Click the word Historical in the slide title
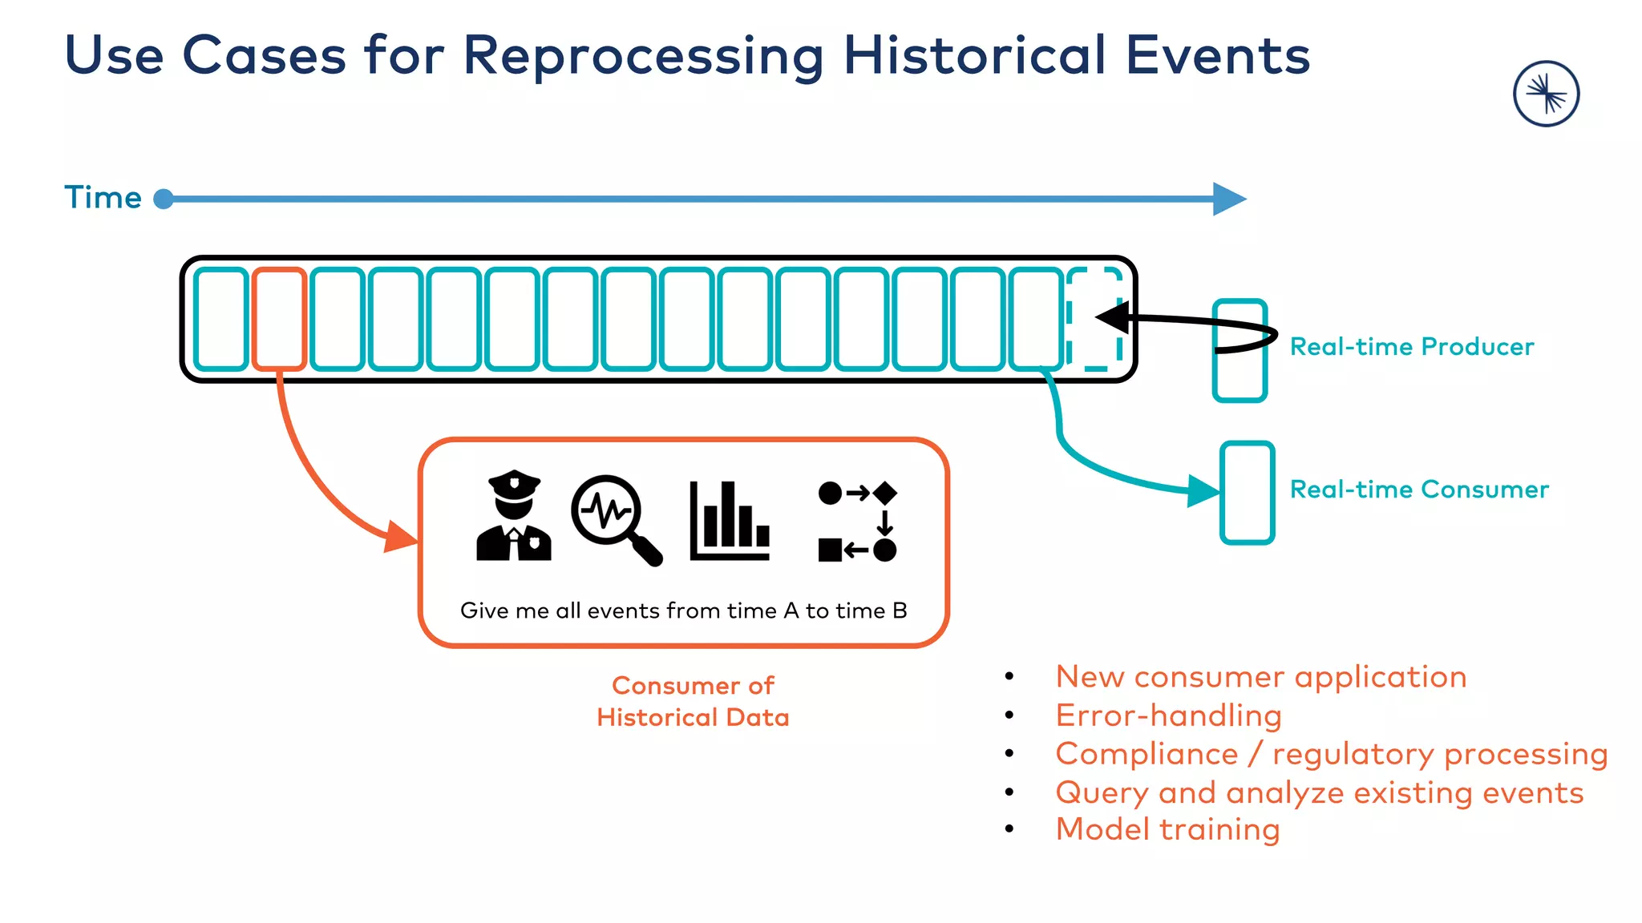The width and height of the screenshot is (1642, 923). click(974, 56)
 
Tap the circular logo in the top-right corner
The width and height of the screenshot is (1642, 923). click(1546, 94)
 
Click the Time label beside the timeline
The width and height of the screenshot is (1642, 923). click(103, 197)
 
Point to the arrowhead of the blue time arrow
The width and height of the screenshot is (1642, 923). click(1229, 199)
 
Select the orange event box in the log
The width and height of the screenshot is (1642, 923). click(279, 319)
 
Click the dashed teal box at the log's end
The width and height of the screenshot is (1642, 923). click(1094, 319)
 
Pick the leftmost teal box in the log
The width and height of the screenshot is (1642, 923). click(221, 319)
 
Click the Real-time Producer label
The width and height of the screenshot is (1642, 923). click(1411, 346)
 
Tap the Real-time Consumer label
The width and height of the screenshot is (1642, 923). click(1418, 489)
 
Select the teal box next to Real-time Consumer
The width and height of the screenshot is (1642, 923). click(1247, 492)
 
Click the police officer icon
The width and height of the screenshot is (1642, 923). click(514, 516)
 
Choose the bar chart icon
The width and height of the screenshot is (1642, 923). click(730, 521)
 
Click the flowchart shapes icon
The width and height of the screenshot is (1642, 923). click(857, 521)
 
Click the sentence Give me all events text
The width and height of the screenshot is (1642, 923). click(683, 611)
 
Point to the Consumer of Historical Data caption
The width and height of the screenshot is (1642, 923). click(693, 701)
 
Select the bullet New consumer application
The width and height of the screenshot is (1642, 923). click(1260, 677)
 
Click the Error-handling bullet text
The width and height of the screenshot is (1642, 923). click(1168, 715)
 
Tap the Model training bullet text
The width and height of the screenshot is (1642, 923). click(1167, 829)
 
